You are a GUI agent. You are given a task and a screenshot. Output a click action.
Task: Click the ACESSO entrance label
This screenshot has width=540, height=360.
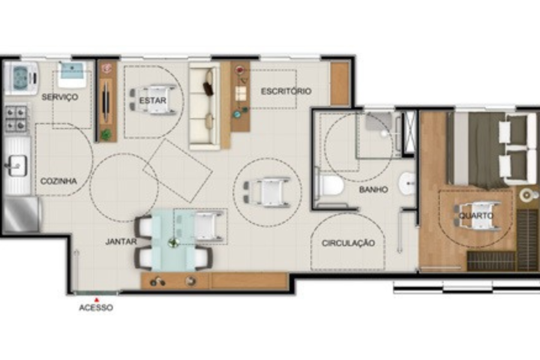96,307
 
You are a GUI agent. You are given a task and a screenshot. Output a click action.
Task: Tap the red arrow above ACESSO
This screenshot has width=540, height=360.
97,300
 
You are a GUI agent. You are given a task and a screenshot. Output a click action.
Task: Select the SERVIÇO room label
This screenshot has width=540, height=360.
60,97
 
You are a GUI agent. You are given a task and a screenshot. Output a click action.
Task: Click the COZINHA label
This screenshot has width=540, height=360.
59,181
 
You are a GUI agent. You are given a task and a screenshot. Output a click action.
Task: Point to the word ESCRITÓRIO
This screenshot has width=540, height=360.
286,91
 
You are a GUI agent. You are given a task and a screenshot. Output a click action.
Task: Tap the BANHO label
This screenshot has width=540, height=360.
374,189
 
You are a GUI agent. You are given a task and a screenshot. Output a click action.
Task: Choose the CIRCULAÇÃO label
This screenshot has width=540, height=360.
348,243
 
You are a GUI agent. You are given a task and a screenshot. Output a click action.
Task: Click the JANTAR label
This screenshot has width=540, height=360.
121,241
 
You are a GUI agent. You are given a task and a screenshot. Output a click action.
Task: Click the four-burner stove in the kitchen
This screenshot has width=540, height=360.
16,118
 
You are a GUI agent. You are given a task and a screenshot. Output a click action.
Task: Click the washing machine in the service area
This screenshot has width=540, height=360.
22,78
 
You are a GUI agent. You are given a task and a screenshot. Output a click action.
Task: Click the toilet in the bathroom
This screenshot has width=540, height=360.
329,186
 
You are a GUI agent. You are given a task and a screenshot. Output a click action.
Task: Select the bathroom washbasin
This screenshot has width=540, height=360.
408,183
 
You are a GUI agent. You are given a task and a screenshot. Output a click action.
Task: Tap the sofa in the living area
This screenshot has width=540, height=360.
205,106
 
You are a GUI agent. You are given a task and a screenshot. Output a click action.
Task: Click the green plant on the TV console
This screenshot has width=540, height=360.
106,134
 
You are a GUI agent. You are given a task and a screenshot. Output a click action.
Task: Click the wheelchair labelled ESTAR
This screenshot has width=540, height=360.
153,100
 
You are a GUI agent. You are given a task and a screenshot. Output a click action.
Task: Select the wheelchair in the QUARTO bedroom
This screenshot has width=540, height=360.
478,215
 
